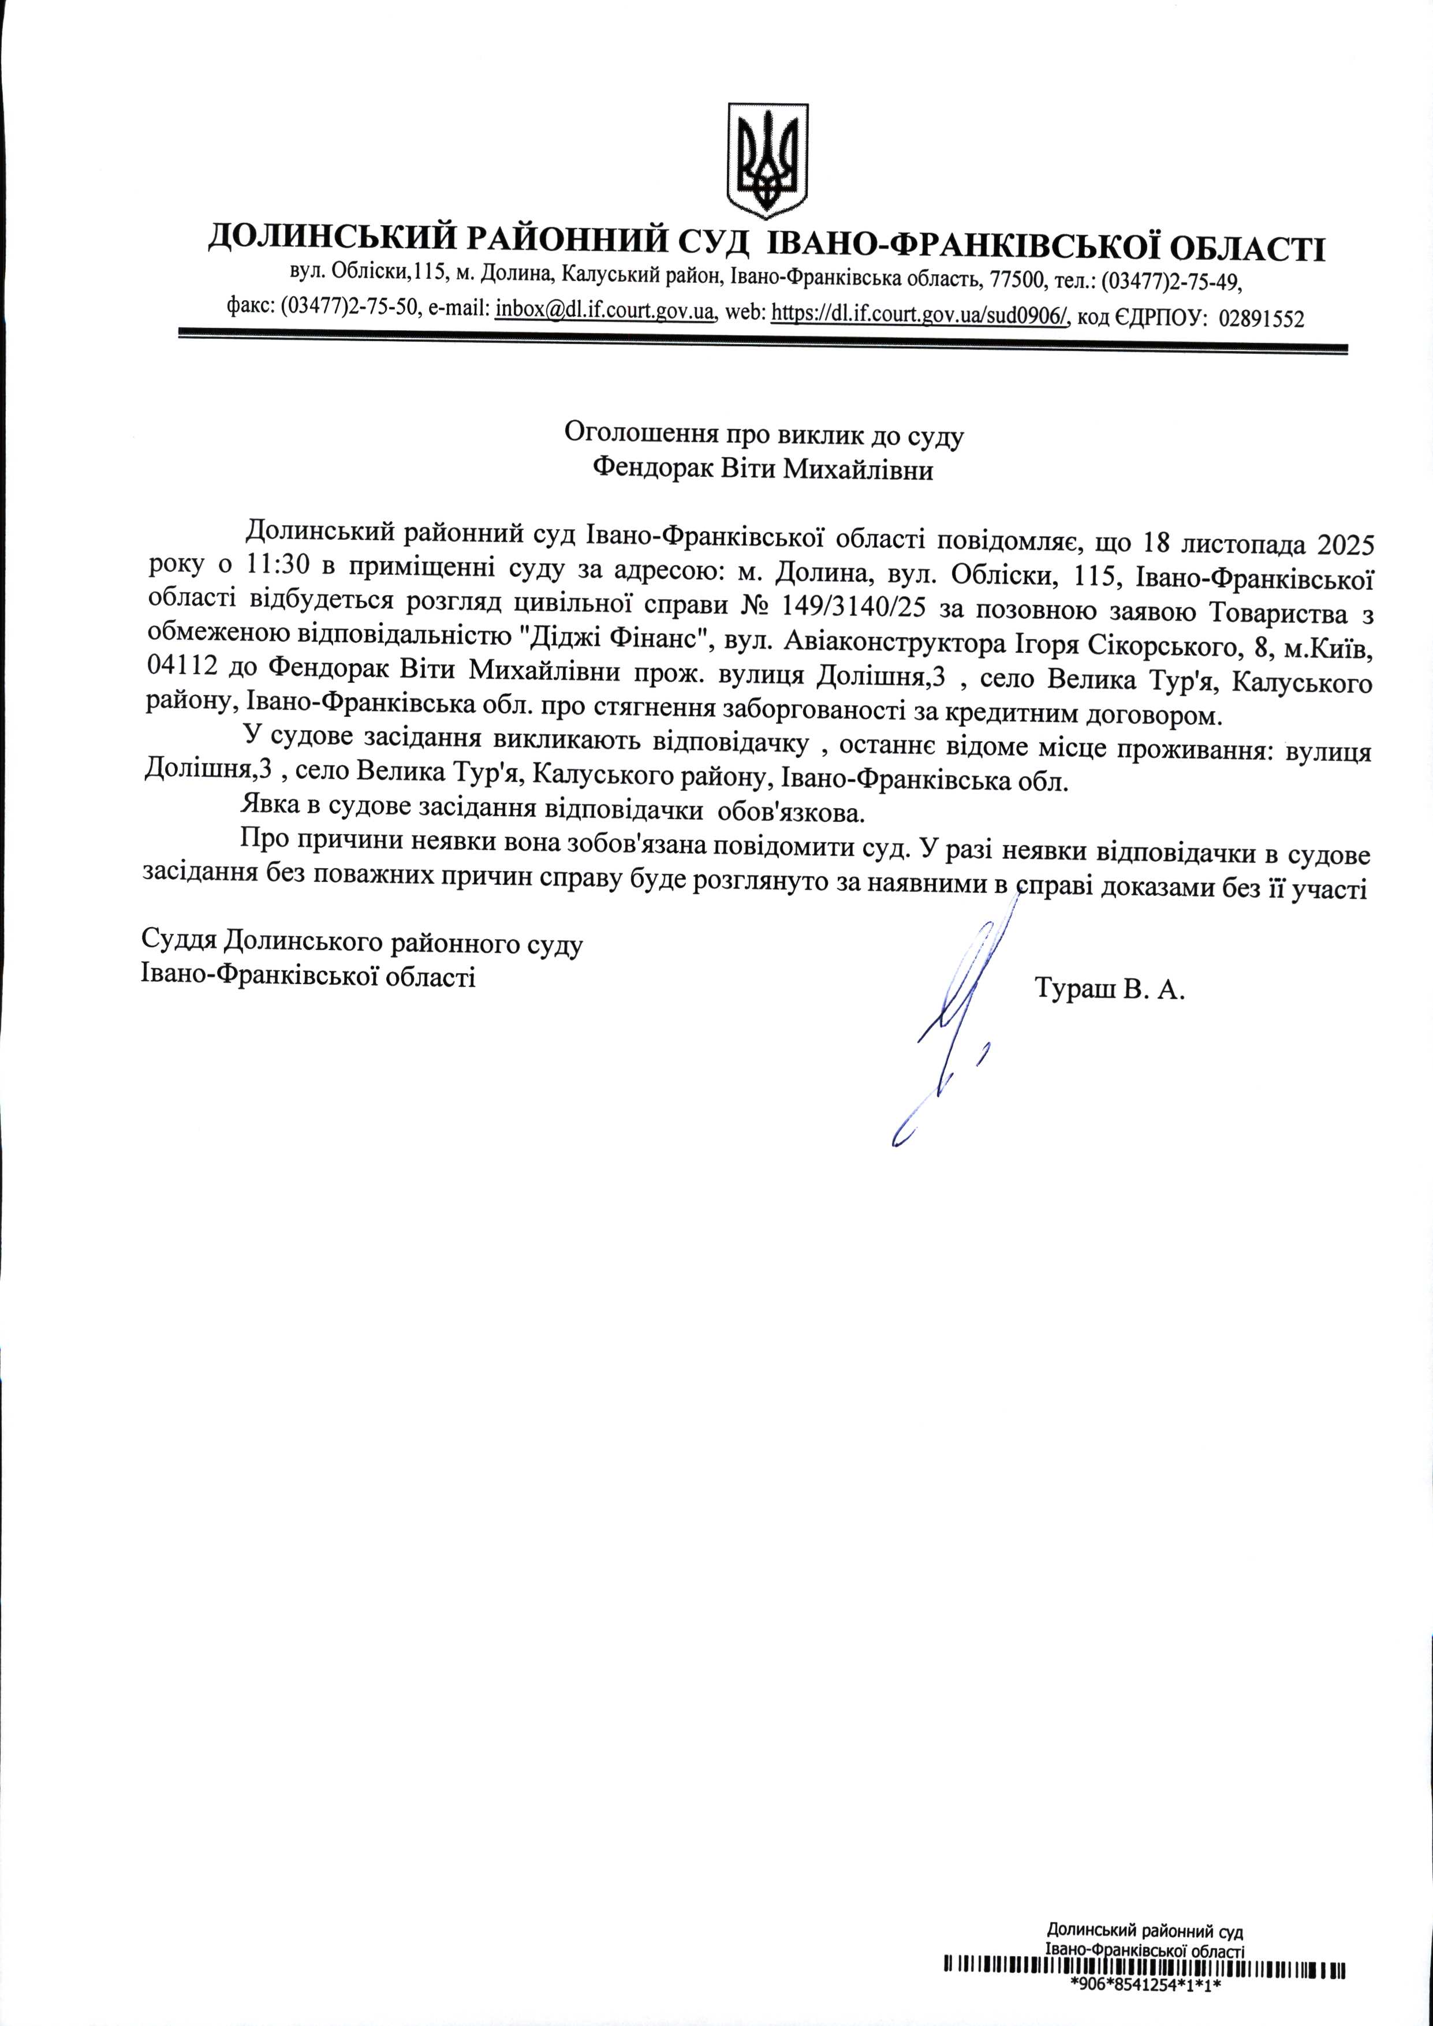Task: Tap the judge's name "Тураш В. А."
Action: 1109,989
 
